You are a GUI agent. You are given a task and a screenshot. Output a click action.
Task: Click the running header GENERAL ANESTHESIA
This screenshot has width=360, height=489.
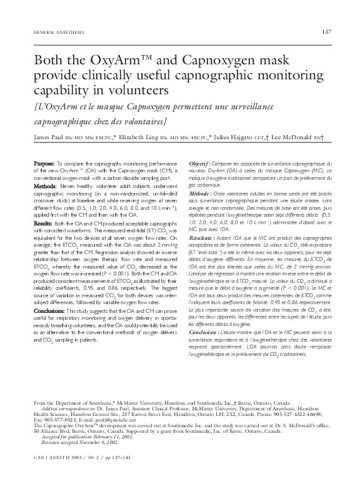[x=52, y=32]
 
